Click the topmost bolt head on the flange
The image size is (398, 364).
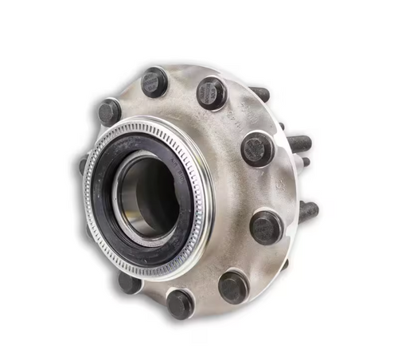[154, 81]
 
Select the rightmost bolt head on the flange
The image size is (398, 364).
[266, 227]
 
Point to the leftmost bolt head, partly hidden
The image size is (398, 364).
[83, 166]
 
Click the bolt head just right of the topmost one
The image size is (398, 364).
[212, 92]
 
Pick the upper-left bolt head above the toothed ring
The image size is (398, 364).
[109, 112]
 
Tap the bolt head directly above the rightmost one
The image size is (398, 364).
[258, 148]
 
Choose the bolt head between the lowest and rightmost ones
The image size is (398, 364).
[233, 285]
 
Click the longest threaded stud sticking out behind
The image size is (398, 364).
[298, 143]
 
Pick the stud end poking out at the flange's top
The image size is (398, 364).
[259, 94]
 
